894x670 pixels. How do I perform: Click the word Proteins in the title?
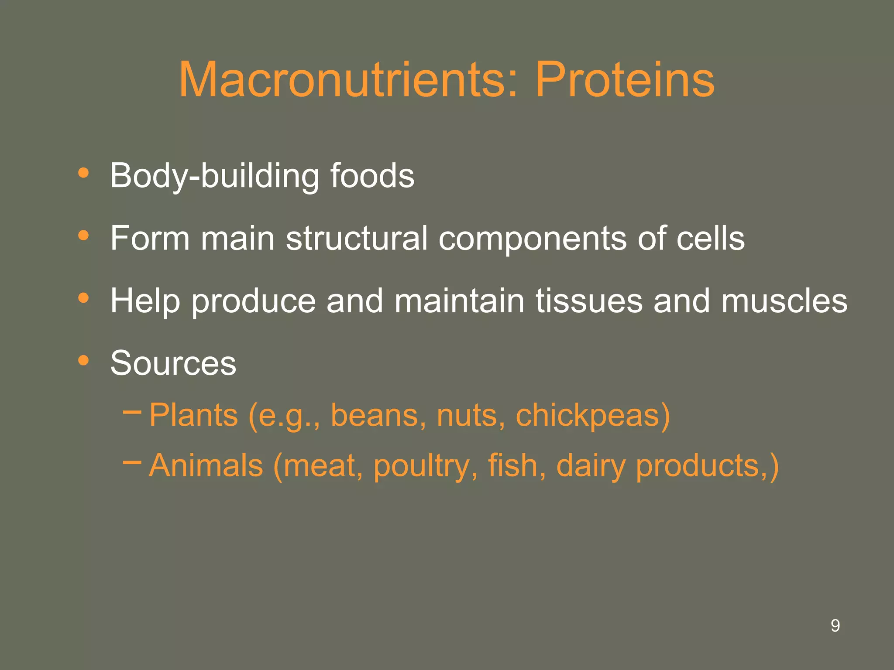625,80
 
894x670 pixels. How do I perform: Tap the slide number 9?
835,626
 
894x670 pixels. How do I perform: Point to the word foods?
372,176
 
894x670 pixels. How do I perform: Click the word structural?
357,239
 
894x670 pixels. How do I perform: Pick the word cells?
710,239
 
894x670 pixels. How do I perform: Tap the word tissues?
589,301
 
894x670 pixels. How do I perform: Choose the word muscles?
784,301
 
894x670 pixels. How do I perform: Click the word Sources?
173,363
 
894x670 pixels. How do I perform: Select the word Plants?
194,415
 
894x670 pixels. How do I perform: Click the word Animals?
206,465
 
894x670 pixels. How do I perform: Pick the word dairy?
591,466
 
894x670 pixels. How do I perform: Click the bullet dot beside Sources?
83,360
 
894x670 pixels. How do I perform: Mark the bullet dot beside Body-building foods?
83,173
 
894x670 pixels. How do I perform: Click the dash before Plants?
132,410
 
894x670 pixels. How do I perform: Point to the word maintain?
459,301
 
